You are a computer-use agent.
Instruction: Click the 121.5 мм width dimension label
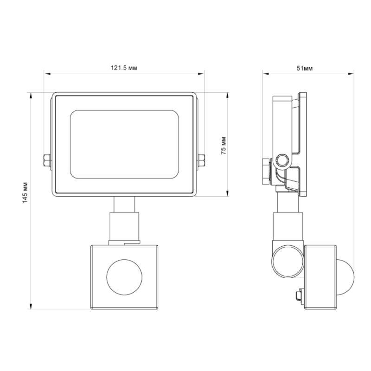click(x=124, y=68)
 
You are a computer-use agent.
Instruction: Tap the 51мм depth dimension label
click(x=305, y=68)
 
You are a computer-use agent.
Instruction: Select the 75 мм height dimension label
click(x=224, y=146)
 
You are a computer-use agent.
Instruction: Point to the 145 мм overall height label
click(x=25, y=192)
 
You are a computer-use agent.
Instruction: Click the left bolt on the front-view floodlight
click(x=47, y=160)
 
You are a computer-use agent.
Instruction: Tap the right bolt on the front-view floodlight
click(x=201, y=160)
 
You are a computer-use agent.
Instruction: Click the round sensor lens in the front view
click(x=124, y=277)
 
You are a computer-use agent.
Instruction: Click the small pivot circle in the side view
click(x=282, y=160)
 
